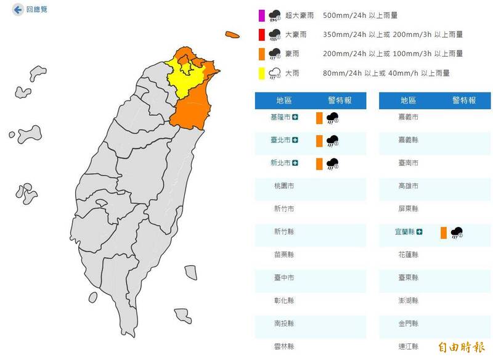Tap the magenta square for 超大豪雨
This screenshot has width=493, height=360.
(x=262, y=15)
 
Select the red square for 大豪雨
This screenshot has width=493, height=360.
(x=262, y=35)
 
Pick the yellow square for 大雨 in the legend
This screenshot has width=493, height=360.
(x=262, y=73)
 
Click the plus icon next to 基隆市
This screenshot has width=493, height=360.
(x=296, y=117)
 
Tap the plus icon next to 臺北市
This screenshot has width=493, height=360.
(x=296, y=141)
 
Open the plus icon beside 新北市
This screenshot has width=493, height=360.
(x=296, y=163)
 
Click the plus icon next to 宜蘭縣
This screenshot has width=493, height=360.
(x=420, y=232)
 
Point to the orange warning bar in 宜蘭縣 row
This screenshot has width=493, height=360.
(x=443, y=232)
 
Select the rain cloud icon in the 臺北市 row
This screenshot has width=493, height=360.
(x=333, y=141)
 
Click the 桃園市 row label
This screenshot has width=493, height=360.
(x=283, y=186)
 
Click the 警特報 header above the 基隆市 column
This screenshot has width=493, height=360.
(x=339, y=100)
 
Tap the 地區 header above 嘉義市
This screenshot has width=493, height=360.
(x=409, y=100)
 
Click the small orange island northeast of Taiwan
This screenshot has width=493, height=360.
(x=232, y=35)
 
